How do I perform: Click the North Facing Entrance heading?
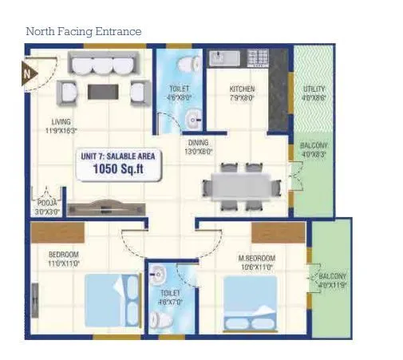click(83, 32)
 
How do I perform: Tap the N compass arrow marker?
click(28, 74)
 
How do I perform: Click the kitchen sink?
click(221, 57)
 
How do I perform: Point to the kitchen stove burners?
click(257, 57)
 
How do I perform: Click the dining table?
click(240, 187)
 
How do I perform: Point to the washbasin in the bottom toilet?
click(158, 272)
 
